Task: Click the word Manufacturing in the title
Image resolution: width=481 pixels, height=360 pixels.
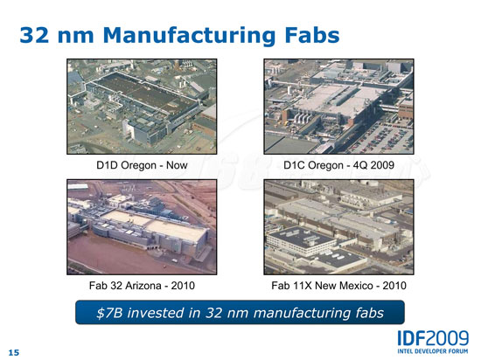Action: click(189, 36)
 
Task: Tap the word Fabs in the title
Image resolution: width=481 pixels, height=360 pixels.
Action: click(312, 35)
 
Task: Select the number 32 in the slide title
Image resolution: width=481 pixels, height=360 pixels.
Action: click(34, 35)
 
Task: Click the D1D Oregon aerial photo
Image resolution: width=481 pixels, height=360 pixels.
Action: click(142, 107)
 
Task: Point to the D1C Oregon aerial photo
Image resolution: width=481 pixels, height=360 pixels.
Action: click(338, 107)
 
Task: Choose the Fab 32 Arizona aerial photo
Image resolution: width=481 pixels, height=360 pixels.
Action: click(142, 227)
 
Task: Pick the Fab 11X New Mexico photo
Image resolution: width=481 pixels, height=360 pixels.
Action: click(338, 227)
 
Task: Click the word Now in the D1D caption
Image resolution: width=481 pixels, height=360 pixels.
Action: click(177, 165)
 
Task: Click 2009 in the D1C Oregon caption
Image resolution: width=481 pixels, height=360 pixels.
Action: click(381, 165)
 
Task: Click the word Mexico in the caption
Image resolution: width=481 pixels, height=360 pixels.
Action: click(354, 286)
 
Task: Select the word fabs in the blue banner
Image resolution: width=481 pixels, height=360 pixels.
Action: click(370, 313)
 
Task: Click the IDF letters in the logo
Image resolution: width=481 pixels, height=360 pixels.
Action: click(411, 338)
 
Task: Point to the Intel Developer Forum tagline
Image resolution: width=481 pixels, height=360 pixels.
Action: click(433, 350)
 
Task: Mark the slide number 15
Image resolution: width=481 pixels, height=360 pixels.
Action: click(13, 353)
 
